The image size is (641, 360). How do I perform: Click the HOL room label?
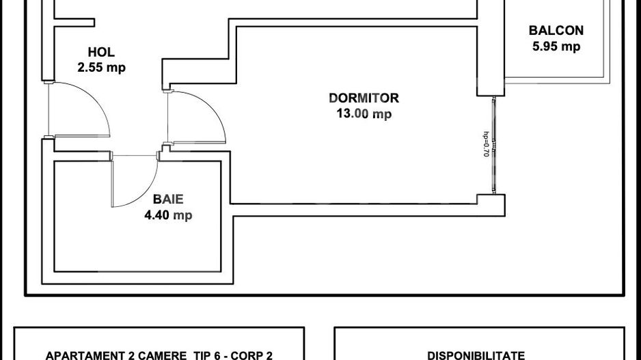pos(101,53)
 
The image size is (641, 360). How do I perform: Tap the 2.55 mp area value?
pos(101,67)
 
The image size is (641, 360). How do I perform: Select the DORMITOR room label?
pos(364,98)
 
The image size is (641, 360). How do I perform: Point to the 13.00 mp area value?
pos(364,114)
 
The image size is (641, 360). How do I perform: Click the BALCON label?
pos(556,31)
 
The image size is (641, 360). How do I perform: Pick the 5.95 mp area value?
pos(556,46)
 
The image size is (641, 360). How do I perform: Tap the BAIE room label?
pos(168,200)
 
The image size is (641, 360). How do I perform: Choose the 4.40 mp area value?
pos(168,216)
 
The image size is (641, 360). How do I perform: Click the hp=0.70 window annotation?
pos(486,145)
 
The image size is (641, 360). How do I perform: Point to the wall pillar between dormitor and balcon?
pos(490,48)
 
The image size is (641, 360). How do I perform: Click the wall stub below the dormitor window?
pos(491,202)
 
